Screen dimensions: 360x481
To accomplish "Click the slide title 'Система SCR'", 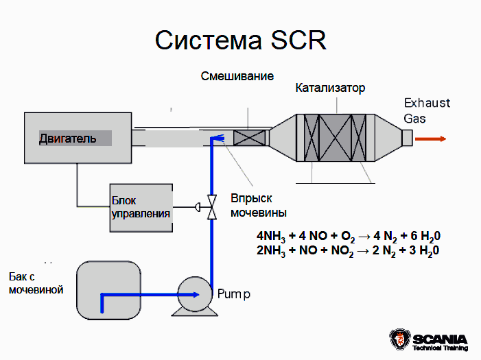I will pyautogui.click(x=240, y=40).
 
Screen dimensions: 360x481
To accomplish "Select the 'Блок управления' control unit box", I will pyautogui.click(x=141, y=206).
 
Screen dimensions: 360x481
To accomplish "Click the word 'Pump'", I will pyautogui.click(x=234, y=294).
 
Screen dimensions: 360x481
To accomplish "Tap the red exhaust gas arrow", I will pyautogui.click(x=431, y=139).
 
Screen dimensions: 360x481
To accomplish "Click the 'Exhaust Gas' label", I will pyautogui.click(x=426, y=110).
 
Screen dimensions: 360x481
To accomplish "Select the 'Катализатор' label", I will pyautogui.click(x=330, y=88).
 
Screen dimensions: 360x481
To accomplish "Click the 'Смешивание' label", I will pyautogui.click(x=237, y=75).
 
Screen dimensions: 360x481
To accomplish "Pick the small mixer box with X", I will pyautogui.click(x=249, y=138).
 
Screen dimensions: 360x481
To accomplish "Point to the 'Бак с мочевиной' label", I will pyautogui.click(x=36, y=283).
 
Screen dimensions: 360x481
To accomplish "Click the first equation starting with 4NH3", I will pyautogui.click(x=347, y=237).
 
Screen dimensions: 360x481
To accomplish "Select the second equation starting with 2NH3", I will pyautogui.click(x=347, y=250).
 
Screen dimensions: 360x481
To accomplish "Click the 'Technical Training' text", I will pyautogui.click(x=440, y=348).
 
